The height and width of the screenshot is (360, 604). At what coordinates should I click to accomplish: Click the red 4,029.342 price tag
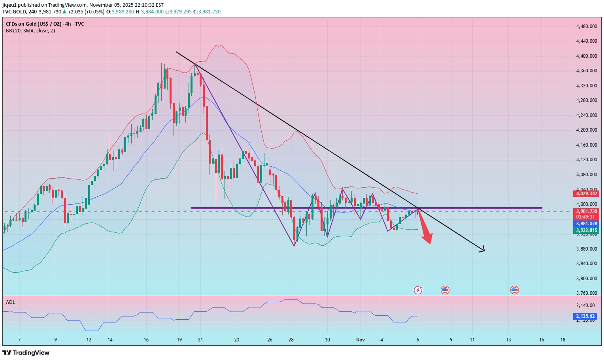(x=586, y=194)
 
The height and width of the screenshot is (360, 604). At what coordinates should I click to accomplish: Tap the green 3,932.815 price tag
(x=586, y=230)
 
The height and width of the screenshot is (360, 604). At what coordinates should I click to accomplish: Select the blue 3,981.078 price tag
(x=586, y=224)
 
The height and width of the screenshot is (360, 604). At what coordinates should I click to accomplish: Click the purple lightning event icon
(x=418, y=290)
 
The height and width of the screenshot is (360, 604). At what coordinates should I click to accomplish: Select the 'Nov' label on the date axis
(x=360, y=340)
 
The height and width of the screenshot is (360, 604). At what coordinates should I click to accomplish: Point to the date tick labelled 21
(x=200, y=340)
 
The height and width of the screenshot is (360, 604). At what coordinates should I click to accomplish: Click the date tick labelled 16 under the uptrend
(x=146, y=340)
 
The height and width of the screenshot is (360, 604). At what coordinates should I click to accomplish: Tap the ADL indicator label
(x=10, y=302)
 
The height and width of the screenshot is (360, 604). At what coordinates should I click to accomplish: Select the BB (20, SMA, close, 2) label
(x=30, y=31)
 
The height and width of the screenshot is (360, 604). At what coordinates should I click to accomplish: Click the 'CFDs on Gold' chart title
(x=45, y=24)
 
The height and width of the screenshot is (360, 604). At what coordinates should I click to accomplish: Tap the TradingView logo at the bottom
(x=26, y=352)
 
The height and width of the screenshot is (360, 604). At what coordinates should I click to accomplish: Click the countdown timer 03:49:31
(x=586, y=217)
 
